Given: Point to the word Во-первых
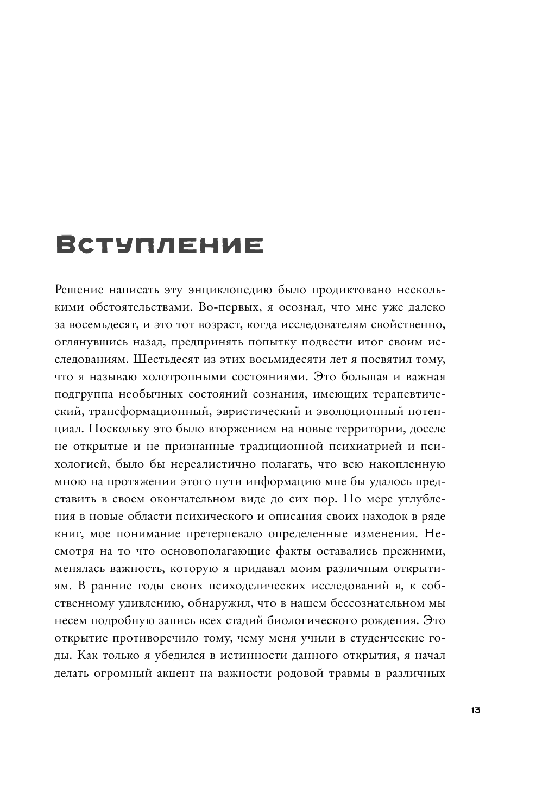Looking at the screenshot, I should pos(231,307).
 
